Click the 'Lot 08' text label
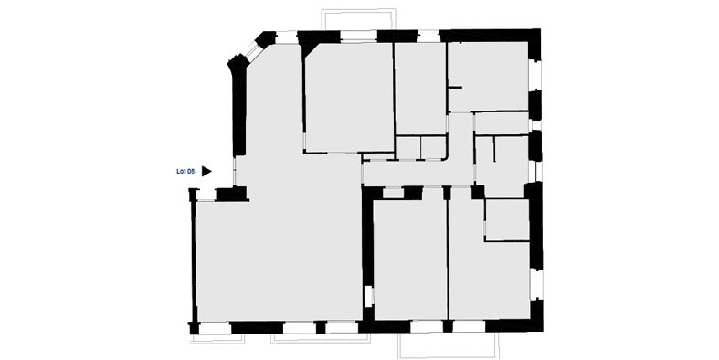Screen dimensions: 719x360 185,172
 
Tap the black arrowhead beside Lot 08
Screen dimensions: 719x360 206,171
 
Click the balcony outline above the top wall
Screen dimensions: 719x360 358,19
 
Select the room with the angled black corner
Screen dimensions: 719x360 349,98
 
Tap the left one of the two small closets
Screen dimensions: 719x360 408,148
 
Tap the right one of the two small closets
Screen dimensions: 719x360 433,148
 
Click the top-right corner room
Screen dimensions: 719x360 489,76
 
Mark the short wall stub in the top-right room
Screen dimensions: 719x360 455,87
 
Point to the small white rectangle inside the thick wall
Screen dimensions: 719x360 368,296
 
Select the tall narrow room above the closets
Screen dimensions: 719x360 420,88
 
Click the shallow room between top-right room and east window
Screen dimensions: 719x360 502,123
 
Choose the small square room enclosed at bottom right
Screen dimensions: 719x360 507,219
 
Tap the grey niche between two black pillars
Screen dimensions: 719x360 393,193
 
